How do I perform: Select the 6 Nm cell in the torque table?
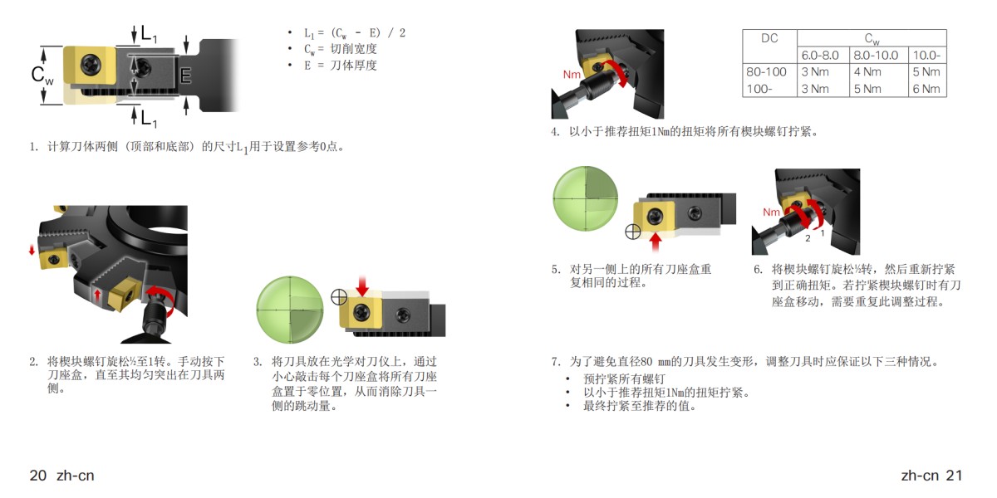point(926,89)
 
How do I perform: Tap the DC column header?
point(769,38)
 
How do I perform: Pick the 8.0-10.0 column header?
point(875,56)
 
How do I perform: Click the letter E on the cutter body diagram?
point(186,76)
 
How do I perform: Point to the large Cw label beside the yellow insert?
point(42,75)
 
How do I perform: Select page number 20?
point(37,476)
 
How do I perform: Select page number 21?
point(954,476)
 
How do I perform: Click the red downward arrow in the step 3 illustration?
point(361,286)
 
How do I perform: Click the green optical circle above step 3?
point(287,305)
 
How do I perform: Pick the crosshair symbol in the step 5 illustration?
point(632,232)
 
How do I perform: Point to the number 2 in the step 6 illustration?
point(807,238)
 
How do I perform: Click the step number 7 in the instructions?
point(556,362)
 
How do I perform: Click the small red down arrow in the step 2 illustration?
point(32,250)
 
